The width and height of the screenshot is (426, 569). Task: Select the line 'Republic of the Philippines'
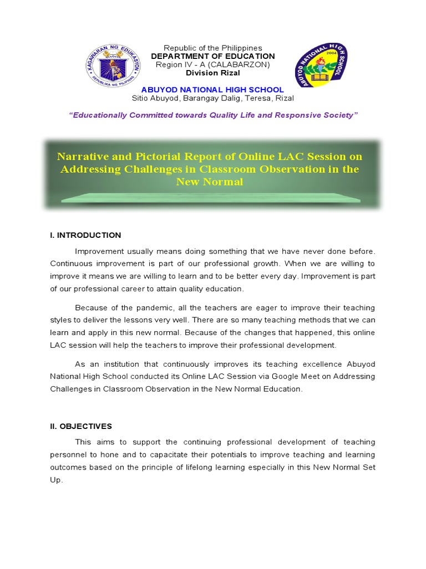point(212,48)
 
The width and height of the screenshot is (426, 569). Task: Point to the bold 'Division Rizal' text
point(212,73)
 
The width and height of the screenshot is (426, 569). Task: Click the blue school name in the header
point(212,89)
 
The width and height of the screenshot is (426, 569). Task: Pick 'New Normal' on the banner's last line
point(210,182)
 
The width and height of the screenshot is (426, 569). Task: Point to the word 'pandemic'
point(141,308)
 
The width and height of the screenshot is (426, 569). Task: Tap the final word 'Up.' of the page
point(57,480)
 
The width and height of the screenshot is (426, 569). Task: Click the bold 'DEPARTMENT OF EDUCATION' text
point(212,56)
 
